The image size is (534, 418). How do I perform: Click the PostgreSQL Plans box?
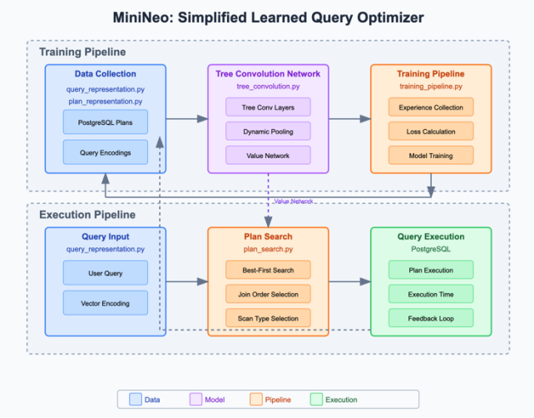106,122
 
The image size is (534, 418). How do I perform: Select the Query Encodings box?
106,152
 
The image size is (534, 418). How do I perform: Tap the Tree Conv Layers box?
268,107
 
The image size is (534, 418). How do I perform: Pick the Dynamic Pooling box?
268,131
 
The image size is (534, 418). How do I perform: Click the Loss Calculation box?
431,131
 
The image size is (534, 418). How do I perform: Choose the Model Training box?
431,155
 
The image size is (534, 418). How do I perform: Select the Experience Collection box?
431,107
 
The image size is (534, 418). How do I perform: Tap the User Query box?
106,272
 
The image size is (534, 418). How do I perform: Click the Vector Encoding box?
106,304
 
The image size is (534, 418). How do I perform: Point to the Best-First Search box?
268,269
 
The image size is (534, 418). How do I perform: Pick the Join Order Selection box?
268,293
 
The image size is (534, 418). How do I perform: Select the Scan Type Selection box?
268,317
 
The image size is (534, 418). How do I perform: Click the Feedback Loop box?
431,317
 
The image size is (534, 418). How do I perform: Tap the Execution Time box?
431,293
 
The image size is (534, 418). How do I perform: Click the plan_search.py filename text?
268,249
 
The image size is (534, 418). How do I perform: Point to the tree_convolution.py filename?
268,87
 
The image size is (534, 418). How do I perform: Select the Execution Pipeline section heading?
87,215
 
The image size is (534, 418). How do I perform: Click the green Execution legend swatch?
317,400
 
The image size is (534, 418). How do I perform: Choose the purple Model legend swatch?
196,400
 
